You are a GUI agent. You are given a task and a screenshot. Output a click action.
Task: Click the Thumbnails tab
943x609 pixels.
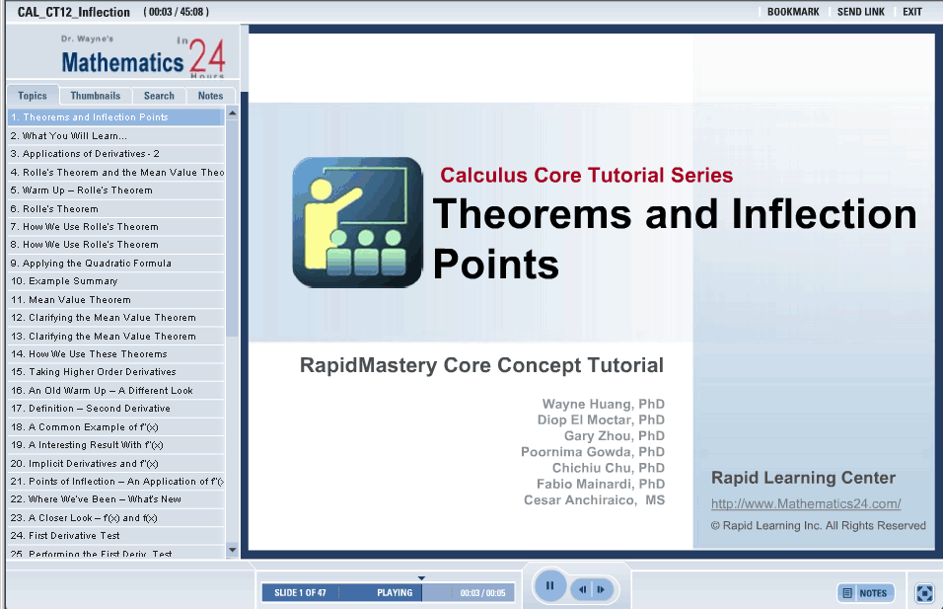pyautogui.click(x=95, y=96)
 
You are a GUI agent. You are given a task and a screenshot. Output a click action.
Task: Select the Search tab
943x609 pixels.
pyautogui.click(x=159, y=96)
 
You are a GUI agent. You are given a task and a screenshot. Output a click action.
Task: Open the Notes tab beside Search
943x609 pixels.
pyautogui.click(x=210, y=96)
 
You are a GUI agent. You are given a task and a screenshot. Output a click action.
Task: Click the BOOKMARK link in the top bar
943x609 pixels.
pyautogui.click(x=793, y=12)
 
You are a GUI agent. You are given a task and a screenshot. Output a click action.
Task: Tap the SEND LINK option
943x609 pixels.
pyautogui.click(x=860, y=12)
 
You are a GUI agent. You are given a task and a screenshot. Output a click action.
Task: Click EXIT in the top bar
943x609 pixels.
pyautogui.click(x=911, y=12)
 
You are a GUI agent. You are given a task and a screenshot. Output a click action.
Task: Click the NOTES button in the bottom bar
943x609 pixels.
pyautogui.click(x=866, y=593)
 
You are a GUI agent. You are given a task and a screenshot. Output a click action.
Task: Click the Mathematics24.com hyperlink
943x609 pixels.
pyautogui.click(x=806, y=503)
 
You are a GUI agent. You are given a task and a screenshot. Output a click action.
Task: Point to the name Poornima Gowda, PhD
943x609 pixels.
pyautogui.click(x=593, y=452)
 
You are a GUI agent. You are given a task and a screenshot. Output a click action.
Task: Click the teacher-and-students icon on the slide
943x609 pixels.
pyautogui.click(x=358, y=222)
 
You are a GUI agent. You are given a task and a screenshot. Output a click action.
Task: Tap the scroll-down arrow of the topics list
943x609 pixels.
pyautogui.click(x=232, y=550)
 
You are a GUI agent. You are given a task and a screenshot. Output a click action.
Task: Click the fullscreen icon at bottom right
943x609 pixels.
pyautogui.click(x=924, y=593)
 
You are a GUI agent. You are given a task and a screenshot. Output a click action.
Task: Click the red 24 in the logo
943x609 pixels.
pyautogui.click(x=207, y=56)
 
